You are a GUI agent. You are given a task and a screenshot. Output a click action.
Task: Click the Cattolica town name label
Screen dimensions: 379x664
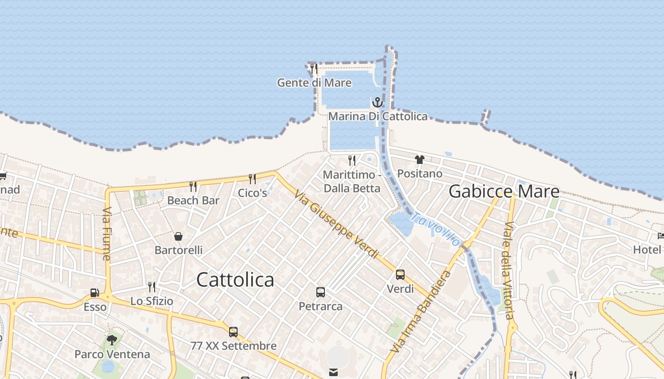click(235, 280)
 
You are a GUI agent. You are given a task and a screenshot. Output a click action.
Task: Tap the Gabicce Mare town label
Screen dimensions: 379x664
click(504, 191)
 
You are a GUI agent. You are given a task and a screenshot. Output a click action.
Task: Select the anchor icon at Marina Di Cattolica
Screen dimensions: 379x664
click(378, 102)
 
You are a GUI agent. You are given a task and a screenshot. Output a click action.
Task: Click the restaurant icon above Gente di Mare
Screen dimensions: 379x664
click(314, 69)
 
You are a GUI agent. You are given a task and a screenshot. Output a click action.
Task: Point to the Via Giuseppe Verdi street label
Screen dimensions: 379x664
click(336, 225)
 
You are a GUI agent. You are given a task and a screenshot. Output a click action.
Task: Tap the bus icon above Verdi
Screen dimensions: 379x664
click(400, 275)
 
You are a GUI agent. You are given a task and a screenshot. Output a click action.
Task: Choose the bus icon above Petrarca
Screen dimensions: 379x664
click(321, 292)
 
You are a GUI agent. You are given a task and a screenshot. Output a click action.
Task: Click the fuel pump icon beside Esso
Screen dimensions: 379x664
click(95, 293)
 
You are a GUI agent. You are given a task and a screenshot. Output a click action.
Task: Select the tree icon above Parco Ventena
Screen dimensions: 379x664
click(112, 340)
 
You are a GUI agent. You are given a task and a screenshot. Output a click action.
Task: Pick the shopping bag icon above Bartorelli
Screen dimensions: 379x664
click(178, 236)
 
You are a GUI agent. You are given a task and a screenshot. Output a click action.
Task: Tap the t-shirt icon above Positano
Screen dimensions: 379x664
click(419, 159)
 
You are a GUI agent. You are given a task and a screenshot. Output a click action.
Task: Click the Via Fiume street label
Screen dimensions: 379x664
click(106, 234)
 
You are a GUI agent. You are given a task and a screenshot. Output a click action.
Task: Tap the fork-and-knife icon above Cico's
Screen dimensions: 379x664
click(252, 179)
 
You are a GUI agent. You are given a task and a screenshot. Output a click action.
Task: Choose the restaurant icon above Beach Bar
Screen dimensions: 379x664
click(193, 186)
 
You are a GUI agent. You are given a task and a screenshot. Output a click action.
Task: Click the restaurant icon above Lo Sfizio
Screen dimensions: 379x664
click(152, 287)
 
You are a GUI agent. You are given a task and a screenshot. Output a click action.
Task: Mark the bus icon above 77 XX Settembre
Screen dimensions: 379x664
click(233, 332)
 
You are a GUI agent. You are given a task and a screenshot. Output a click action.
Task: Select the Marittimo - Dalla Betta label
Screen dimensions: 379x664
click(351, 181)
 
